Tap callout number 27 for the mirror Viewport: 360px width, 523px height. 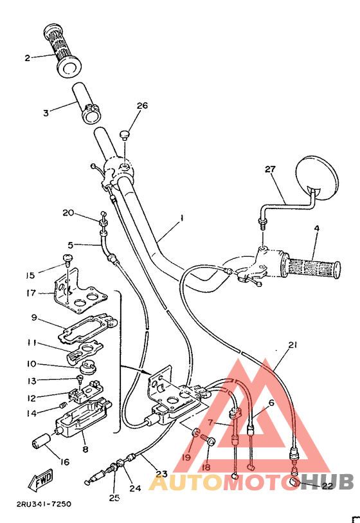click(x=270, y=169)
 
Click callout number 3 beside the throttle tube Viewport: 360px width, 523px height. click(x=46, y=113)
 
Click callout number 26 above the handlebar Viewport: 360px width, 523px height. click(x=141, y=106)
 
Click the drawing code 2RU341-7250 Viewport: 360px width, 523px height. click(x=40, y=504)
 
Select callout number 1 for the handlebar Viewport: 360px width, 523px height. click(x=182, y=219)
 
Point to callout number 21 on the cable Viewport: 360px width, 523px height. click(x=292, y=345)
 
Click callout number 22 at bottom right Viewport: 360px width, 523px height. click(x=327, y=486)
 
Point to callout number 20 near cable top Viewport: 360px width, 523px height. click(x=68, y=213)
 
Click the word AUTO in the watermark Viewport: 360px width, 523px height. click(x=176, y=483)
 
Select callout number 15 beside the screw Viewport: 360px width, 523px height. click(x=30, y=275)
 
